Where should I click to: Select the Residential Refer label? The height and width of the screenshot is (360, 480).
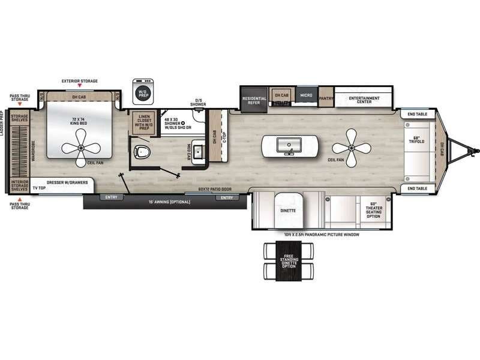254,100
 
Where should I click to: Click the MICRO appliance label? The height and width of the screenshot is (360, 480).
305,95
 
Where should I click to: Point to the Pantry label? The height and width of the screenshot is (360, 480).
326,98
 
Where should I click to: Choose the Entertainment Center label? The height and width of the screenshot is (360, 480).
364,99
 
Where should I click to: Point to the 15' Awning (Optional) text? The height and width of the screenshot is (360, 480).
171,202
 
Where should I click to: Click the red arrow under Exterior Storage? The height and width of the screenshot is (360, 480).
80,87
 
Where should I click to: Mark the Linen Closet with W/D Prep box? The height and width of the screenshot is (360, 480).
143,122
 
